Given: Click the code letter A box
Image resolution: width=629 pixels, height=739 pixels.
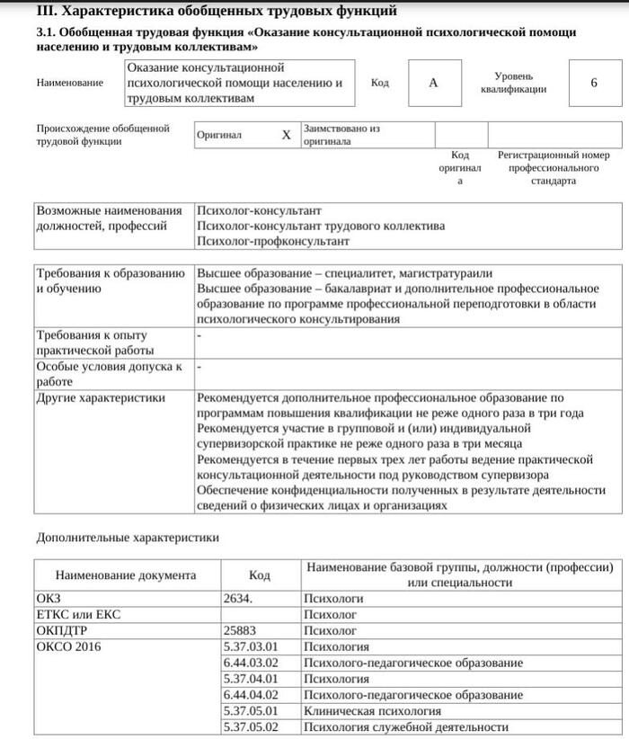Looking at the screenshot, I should (x=433, y=83).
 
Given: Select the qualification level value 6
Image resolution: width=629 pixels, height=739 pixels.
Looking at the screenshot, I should (x=594, y=83).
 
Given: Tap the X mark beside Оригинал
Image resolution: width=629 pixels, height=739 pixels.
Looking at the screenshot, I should (x=287, y=135).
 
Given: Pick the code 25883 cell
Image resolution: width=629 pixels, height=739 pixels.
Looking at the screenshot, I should (x=240, y=630).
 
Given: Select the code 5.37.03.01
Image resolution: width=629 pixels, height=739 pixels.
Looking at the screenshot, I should (x=251, y=646).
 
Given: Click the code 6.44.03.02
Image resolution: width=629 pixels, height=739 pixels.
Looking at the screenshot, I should (x=251, y=663).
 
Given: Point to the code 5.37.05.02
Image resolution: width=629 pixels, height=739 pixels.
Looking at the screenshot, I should (x=251, y=727).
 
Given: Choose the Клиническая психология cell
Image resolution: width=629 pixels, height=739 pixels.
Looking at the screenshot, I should (x=372, y=711).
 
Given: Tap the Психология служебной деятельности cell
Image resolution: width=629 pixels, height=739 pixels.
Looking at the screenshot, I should (x=400, y=727).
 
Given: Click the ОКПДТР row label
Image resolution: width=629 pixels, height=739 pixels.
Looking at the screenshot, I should (x=60, y=630).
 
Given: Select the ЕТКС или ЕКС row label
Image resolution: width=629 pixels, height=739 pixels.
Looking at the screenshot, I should (x=78, y=614).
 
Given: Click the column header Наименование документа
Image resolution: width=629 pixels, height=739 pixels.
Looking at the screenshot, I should (x=126, y=575).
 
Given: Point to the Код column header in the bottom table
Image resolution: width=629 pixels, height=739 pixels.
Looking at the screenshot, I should (x=260, y=575).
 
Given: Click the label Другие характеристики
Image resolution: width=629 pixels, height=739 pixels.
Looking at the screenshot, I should (x=101, y=397).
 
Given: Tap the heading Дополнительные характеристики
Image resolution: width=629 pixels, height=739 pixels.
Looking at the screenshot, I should (x=128, y=538).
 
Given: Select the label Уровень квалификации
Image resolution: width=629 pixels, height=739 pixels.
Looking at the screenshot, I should (x=513, y=83).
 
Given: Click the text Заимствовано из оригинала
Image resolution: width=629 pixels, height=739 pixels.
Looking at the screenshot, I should (x=341, y=135).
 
